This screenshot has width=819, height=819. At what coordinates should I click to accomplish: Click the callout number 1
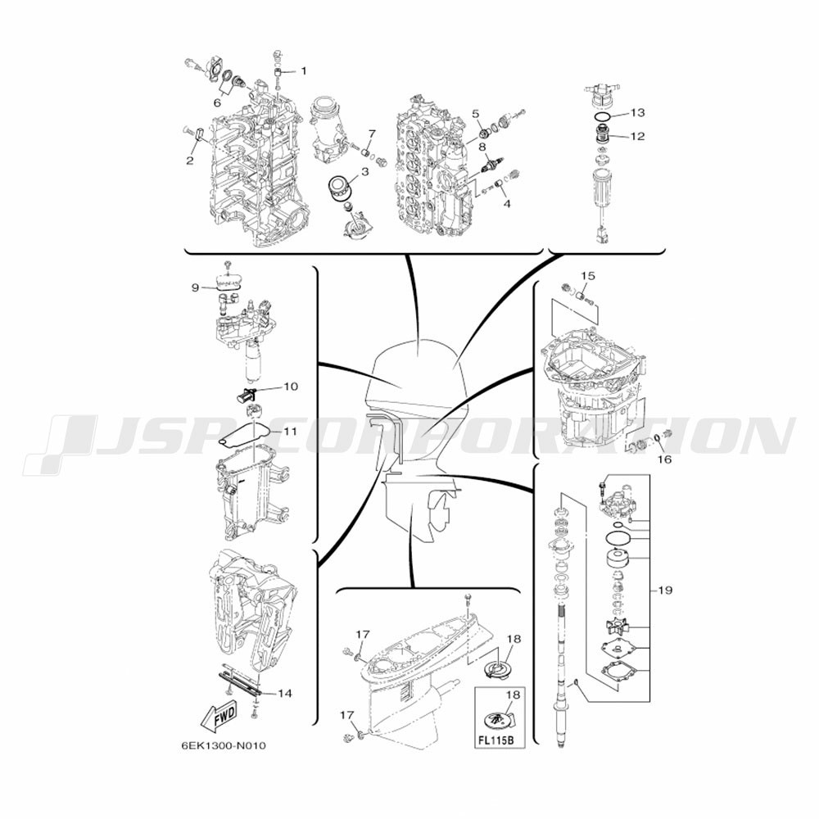point(304,71)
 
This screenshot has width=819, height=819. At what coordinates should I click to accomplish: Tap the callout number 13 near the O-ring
point(637,112)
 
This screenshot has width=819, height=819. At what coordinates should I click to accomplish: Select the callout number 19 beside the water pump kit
point(665,590)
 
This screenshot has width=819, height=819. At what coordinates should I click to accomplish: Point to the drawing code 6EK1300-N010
point(224,745)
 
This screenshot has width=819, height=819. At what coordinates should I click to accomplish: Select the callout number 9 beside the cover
point(195,287)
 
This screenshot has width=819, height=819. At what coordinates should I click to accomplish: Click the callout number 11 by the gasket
point(291,431)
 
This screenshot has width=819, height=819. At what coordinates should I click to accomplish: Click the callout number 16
point(664,459)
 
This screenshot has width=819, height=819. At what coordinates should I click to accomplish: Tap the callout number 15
point(588,275)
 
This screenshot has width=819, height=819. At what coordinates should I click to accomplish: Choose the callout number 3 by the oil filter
point(364,171)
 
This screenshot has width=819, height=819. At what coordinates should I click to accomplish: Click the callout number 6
point(217,102)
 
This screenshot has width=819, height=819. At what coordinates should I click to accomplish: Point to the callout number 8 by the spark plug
point(482,147)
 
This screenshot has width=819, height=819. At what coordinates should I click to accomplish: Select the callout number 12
point(637,136)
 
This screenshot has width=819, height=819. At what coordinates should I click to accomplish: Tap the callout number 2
point(190,160)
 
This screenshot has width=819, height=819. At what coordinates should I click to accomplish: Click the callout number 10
point(291,387)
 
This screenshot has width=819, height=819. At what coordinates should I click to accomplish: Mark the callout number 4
point(507,204)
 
